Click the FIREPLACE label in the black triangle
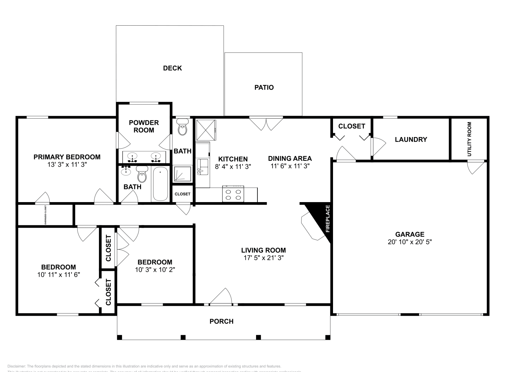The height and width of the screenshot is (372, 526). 327,219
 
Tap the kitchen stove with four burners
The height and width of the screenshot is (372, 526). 233,194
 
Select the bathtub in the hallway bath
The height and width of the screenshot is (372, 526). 160,184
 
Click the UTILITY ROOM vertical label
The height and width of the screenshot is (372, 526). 469,139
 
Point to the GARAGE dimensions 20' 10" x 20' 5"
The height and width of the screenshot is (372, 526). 410,242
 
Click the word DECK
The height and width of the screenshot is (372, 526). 172,68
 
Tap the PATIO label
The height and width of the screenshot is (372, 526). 264,87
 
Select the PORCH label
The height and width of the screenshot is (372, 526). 222,321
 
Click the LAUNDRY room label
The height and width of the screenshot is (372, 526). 411,139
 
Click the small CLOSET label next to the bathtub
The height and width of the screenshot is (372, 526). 182,194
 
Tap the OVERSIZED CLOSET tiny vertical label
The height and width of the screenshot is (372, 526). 45,215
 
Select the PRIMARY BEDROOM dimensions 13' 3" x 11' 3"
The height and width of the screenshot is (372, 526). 67,165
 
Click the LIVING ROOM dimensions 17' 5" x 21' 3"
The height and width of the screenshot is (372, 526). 263,258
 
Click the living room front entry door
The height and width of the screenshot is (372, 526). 221,297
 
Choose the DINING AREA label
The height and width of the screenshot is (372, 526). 290,158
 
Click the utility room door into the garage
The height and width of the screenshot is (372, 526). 475,168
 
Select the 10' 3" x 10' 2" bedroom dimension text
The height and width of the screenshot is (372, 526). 155,270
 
